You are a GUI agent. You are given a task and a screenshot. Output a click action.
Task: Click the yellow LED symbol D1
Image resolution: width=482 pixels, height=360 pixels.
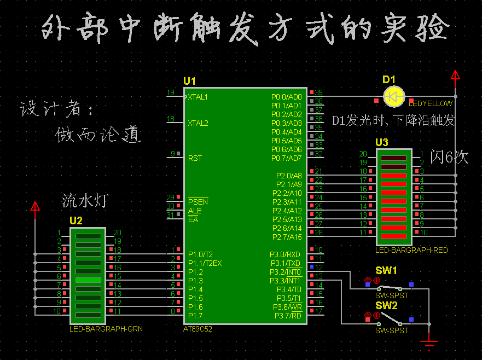click(393, 96)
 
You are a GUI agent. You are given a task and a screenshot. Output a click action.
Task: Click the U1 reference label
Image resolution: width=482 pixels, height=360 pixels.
click(189, 81)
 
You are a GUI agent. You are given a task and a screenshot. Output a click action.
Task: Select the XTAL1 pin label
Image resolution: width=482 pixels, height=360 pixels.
click(198, 97)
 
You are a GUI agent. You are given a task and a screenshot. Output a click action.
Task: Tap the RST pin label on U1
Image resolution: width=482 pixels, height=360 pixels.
click(195, 158)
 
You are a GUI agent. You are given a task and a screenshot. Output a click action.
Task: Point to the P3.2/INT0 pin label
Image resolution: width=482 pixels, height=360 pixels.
click(286, 272)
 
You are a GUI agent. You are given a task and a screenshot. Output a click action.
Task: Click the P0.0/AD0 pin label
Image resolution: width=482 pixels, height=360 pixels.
click(287, 97)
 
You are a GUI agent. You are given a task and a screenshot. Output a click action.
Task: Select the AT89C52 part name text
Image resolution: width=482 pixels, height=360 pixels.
click(198, 329)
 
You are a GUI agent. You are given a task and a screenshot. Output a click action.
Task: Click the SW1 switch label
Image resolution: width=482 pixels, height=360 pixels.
click(386, 271)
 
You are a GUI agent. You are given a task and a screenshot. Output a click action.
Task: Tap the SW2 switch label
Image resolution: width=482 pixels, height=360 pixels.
click(386, 305)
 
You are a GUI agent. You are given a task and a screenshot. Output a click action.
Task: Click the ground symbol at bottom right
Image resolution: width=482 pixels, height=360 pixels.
click(430, 344)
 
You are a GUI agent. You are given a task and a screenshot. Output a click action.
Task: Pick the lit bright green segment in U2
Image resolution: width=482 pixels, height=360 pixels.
click(88, 280)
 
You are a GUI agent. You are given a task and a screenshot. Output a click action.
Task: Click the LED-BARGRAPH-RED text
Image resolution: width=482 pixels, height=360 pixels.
click(411, 250)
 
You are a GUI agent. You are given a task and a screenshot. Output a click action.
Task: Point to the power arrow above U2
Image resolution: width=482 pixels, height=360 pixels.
click(35, 207)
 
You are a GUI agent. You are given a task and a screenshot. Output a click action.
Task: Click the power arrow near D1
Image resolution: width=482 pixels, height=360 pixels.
click(455, 77)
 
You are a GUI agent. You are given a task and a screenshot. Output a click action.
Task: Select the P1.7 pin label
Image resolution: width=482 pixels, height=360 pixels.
click(195, 316)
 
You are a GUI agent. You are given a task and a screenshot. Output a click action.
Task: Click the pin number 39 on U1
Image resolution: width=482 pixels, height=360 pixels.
click(318, 92)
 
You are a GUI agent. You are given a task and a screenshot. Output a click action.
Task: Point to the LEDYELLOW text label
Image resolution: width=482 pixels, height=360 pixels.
click(431, 103)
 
